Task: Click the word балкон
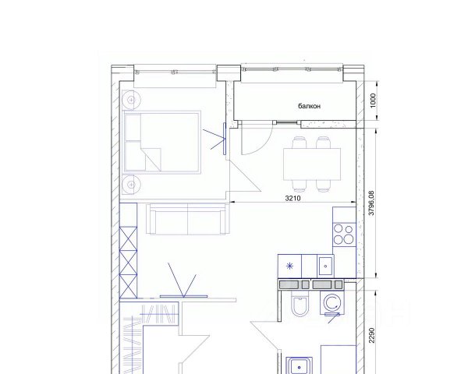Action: pos(309,106)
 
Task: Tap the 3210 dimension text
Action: pos(292,198)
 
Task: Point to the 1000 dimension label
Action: pos(373,101)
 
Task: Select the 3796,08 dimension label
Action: pos(371,203)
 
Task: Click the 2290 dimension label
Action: pos(371,335)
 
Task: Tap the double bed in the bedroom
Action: pos(161,143)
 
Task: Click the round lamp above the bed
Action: pos(131,100)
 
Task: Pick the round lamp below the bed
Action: pos(131,185)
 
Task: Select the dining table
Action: pos(312,164)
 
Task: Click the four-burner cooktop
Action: pos(343,235)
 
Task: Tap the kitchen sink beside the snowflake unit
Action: pos(325,266)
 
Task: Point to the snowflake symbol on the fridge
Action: pos(289,266)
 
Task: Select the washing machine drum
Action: pos(331,303)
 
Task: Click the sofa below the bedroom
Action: pos(187,219)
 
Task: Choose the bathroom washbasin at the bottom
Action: pos(300,365)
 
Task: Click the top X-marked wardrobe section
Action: pos(129,238)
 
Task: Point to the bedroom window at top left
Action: pos(175,72)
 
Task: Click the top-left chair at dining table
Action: pos(300,143)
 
